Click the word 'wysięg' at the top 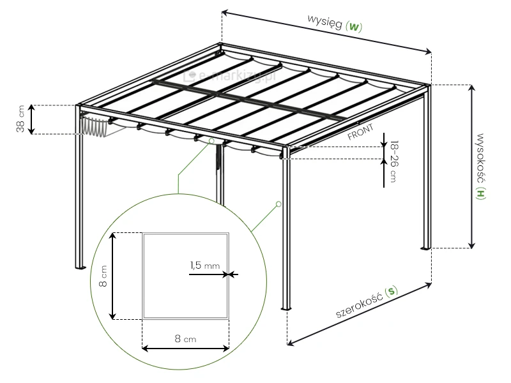click(x=324, y=21)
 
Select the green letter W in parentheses click(x=355, y=27)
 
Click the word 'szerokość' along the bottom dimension click(x=359, y=305)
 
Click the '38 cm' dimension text click(x=20, y=119)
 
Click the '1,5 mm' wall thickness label click(x=204, y=265)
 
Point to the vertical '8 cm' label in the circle click(x=102, y=276)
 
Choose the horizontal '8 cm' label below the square click(x=185, y=339)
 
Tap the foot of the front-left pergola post click(x=80, y=267)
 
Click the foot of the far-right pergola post click(x=426, y=247)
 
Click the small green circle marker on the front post click(x=278, y=204)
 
